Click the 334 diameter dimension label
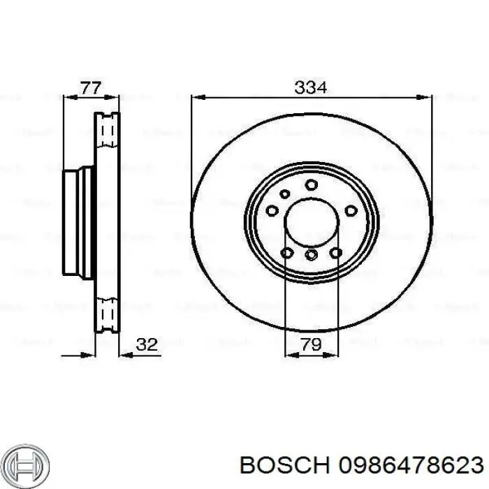[x=311, y=88]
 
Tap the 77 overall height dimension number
[x=91, y=88]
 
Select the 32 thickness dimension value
[x=147, y=344]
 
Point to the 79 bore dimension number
[x=312, y=344]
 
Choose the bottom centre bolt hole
[x=312, y=255]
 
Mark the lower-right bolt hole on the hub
[x=336, y=252]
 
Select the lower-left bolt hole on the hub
[x=287, y=252]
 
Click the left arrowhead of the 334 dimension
[x=196, y=96]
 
